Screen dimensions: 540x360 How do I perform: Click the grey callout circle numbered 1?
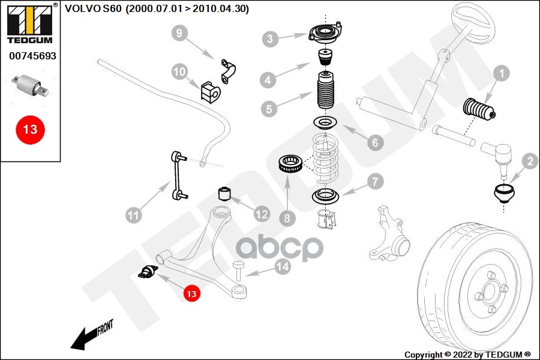pyautogui.click(x=501, y=74)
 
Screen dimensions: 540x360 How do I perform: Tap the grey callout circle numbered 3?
pyautogui.click(x=271, y=40)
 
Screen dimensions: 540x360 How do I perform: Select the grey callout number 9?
pyautogui.click(x=178, y=33)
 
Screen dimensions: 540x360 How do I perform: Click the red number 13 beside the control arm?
pyautogui.click(x=191, y=294)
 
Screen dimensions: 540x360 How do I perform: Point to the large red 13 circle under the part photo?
pyautogui.click(x=30, y=129)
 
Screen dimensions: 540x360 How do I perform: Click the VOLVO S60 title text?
pyautogui.click(x=157, y=9)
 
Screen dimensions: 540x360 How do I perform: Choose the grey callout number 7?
pyautogui.click(x=374, y=181)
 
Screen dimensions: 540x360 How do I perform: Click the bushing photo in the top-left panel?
pyautogui.click(x=30, y=86)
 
